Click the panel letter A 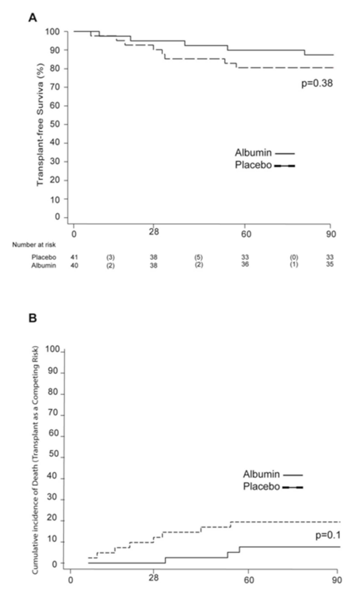pyautogui.click(x=32, y=17)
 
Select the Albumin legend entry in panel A pyautogui.click(x=252, y=153)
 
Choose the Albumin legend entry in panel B pyautogui.click(x=261, y=474)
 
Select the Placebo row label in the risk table pyautogui.click(x=41, y=257)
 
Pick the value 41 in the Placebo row pyautogui.click(x=74, y=257)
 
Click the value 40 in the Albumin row pyautogui.click(x=74, y=264)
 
